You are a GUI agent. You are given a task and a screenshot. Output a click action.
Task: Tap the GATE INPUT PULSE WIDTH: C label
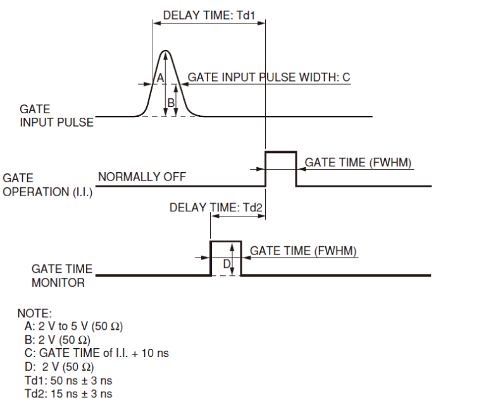coord(269,77)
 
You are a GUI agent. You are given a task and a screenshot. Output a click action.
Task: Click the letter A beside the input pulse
coord(159,77)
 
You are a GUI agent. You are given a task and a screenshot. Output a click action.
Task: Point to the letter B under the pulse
coord(170,102)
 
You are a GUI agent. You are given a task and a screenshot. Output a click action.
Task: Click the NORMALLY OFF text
coord(142,177)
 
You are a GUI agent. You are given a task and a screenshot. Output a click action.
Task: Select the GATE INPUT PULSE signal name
coord(56,116)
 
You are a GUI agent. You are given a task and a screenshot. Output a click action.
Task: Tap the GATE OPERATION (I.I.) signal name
coord(47,185)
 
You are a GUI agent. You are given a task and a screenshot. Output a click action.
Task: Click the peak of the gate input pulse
coord(166,51)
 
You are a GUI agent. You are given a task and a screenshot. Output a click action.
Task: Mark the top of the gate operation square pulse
coord(280,152)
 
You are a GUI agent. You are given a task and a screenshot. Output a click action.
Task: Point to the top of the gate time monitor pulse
coord(225,241)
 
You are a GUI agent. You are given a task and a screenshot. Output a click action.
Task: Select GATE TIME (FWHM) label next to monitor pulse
coord(304,251)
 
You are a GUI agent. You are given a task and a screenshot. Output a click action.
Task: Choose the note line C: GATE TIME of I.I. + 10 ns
coord(96,353)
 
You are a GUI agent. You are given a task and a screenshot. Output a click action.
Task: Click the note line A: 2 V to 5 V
coord(72,327)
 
